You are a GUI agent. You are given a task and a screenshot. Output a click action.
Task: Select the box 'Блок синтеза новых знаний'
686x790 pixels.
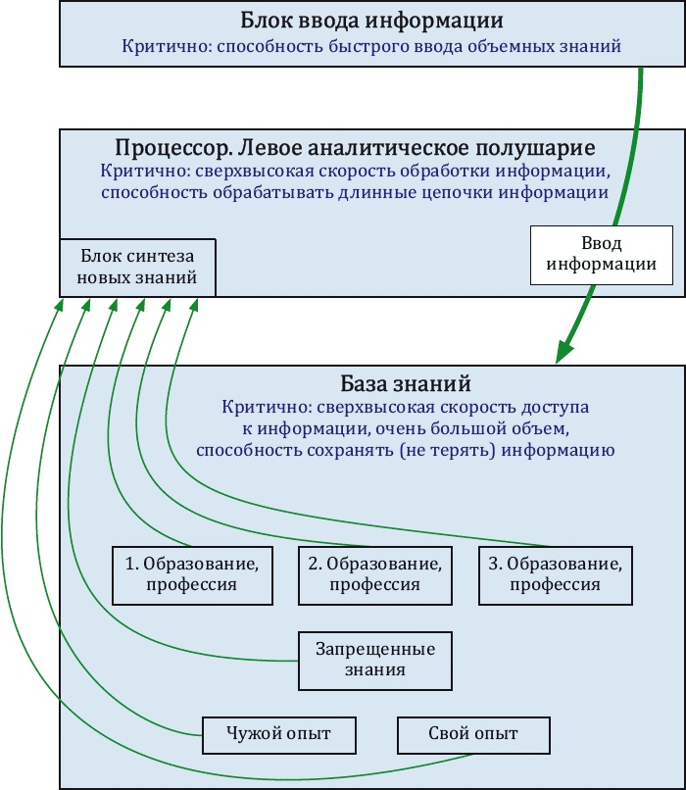[x=137, y=267]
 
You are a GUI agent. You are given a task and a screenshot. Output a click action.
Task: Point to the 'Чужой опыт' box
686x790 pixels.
[x=278, y=733]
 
